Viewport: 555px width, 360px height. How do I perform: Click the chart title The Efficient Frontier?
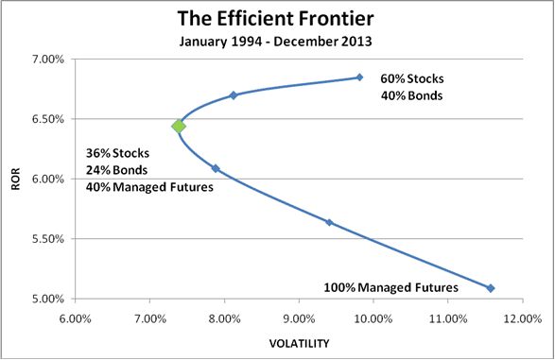[x=276, y=18]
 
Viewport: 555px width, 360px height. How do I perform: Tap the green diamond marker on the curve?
[x=178, y=126]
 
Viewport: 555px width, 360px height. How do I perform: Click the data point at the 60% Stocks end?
[x=359, y=77]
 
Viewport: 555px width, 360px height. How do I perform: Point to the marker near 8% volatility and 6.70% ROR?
[x=234, y=95]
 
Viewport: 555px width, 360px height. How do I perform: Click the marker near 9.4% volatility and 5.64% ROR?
[x=329, y=223]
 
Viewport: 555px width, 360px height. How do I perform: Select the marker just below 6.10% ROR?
[x=216, y=169]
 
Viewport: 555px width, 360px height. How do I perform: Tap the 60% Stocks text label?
[x=411, y=78]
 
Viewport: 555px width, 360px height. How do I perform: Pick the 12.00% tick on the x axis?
[x=521, y=318]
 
